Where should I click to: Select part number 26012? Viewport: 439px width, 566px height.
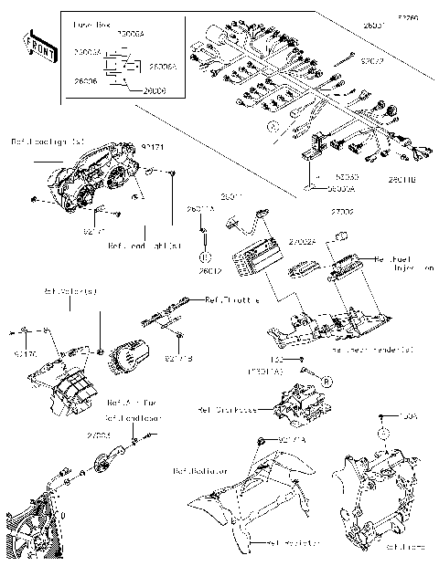coord(209,270)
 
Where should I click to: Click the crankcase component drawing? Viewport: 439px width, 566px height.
coord(296,405)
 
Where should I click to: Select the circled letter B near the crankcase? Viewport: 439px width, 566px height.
coord(323,378)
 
